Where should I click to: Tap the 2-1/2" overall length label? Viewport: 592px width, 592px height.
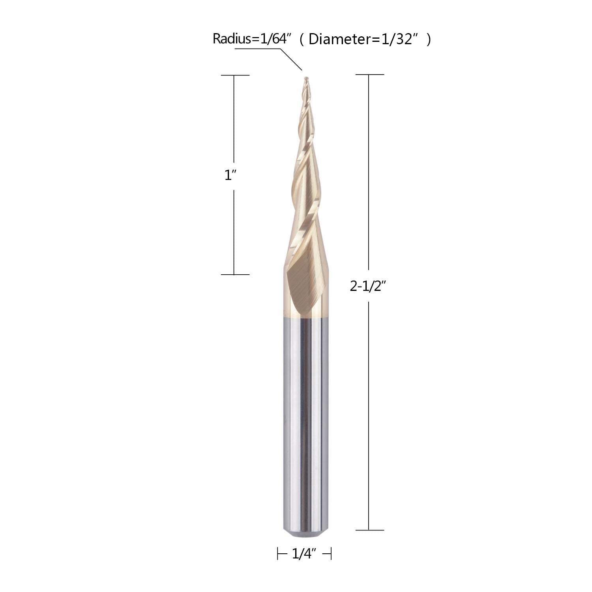[x=367, y=287]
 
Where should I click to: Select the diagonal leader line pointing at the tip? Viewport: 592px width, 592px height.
[x=291, y=59]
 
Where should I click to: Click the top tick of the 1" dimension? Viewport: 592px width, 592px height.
[x=235, y=75]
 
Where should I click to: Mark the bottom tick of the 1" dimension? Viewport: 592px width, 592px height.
[x=235, y=274]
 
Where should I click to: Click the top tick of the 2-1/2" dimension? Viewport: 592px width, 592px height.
[x=369, y=74]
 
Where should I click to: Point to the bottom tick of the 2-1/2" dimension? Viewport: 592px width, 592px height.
[x=369, y=530]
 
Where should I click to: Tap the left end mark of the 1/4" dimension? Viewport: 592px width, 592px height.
[x=278, y=554]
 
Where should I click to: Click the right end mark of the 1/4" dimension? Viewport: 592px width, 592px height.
[x=331, y=554]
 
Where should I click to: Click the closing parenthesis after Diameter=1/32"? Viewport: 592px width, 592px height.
[x=429, y=39]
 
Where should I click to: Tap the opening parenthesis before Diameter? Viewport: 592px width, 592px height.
[x=302, y=39]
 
